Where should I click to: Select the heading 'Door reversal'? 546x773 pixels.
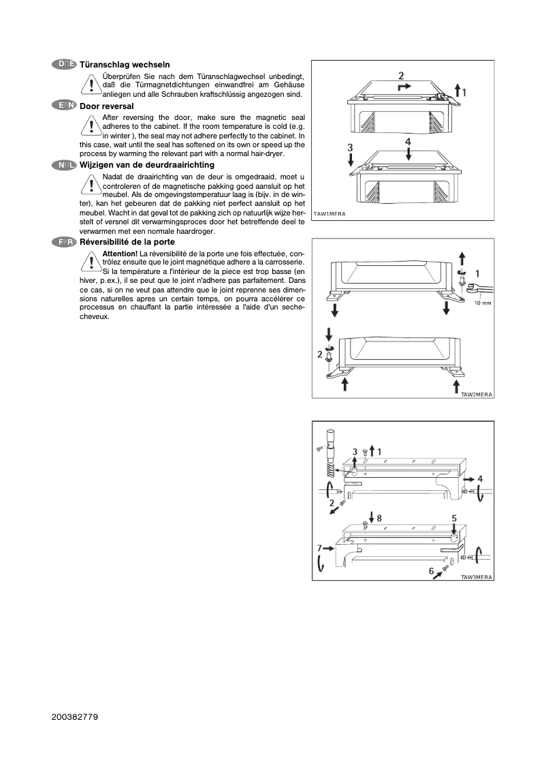click(x=106, y=106)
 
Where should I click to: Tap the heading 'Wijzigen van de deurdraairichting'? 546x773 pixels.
click(x=147, y=165)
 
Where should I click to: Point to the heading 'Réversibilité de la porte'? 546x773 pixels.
click(x=127, y=242)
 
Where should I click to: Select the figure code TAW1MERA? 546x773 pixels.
click(x=330, y=214)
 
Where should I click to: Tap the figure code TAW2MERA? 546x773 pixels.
click(x=477, y=394)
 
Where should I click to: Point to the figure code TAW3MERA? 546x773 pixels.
click(x=477, y=577)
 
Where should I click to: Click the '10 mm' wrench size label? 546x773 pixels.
click(x=482, y=303)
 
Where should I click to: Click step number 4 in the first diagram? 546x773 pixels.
click(x=408, y=141)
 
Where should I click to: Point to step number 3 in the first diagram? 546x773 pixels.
click(x=350, y=147)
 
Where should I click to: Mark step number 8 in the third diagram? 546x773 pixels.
click(x=379, y=518)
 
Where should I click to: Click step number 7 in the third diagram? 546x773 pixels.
click(x=318, y=547)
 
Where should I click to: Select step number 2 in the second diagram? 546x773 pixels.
click(x=319, y=354)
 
